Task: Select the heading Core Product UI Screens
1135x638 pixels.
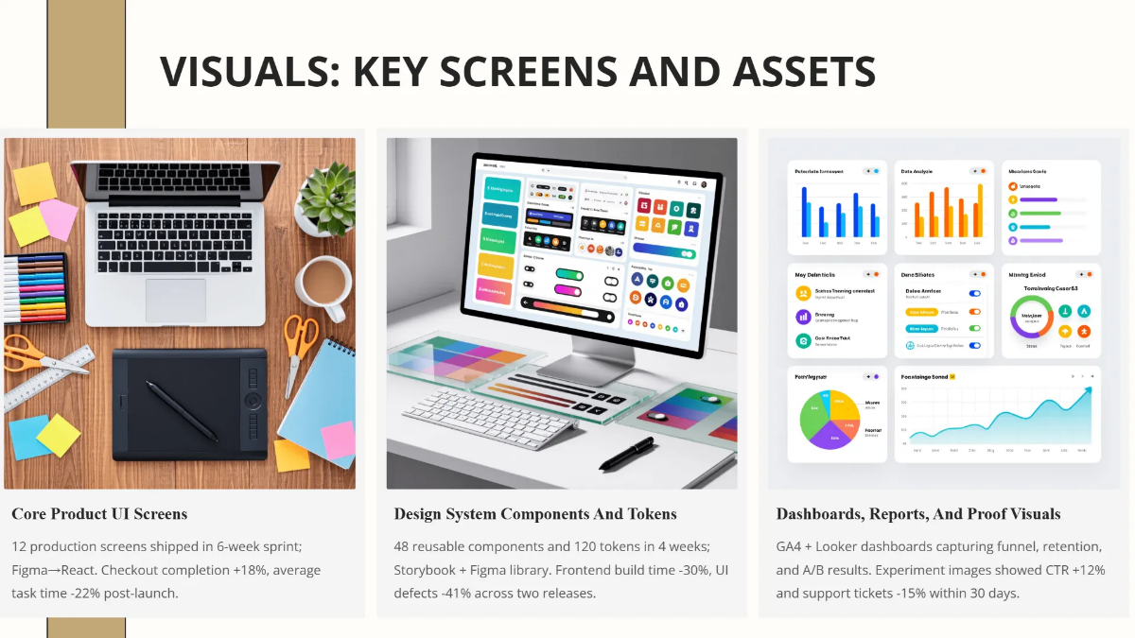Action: pyautogui.click(x=99, y=514)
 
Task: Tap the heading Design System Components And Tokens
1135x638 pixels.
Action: pyautogui.click(x=535, y=514)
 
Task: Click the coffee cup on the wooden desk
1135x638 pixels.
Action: pyautogui.click(x=323, y=282)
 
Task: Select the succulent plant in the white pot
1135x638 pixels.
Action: pyautogui.click(x=324, y=198)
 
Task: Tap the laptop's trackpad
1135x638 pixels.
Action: pyautogui.click(x=175, y=301)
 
